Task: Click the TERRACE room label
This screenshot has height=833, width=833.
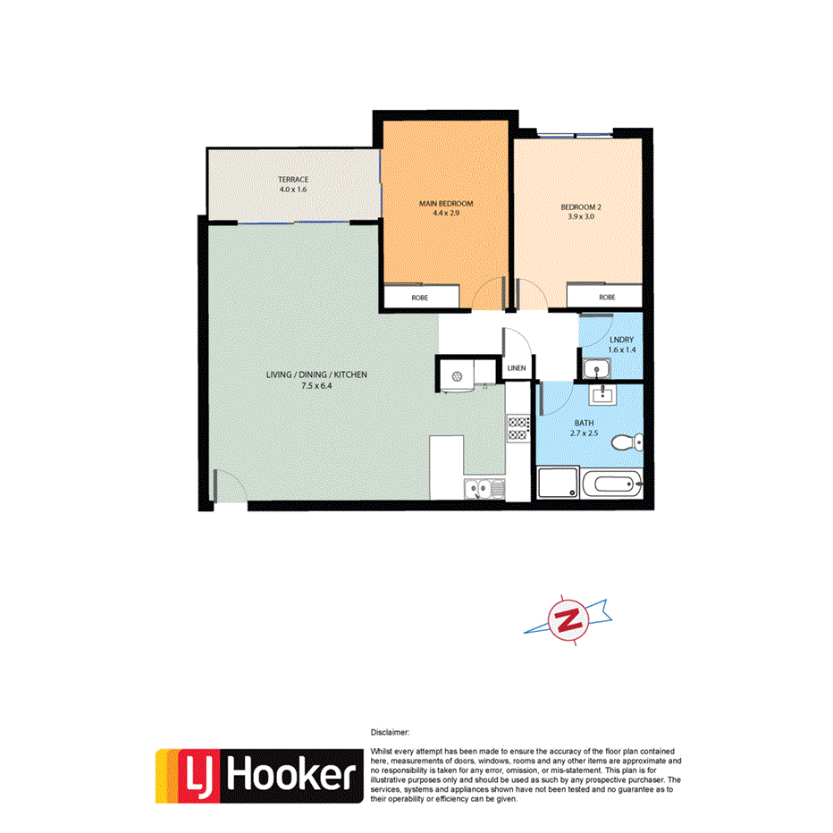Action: (x=293, y=180)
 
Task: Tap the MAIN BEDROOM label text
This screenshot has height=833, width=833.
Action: (x=446, y=204)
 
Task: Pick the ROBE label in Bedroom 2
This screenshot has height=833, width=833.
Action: (x=607, y=297)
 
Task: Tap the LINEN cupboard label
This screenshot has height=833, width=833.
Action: (x=517, y=368)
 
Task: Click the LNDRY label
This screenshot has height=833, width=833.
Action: (x=622, y=339)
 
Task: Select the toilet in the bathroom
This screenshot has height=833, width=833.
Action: (x=633, y=441)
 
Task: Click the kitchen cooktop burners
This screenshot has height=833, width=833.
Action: (x=517, y=428)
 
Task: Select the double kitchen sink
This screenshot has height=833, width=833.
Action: (x=484, y=489)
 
